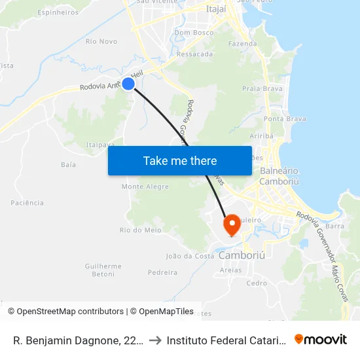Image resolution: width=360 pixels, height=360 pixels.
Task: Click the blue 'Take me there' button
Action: [180, 160]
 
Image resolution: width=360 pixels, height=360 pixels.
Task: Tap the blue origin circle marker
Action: [128, 84]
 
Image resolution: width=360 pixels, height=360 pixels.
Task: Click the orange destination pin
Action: [231, 225]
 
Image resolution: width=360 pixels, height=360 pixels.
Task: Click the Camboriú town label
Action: [242, 255]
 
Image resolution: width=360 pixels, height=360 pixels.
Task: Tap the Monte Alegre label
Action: [145, 187]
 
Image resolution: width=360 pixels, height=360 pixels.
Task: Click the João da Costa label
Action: [190, 256]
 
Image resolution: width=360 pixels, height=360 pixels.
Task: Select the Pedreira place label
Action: [163, 272]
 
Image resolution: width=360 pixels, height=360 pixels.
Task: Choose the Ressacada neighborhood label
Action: [195, 54]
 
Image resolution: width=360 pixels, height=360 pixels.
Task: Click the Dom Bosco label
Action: [194, 32]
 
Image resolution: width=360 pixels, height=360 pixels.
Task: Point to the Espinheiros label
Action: [58, 12]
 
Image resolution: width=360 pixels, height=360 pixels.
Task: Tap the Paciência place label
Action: [27, 203]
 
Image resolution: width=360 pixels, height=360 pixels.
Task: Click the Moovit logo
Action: [321, 339]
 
